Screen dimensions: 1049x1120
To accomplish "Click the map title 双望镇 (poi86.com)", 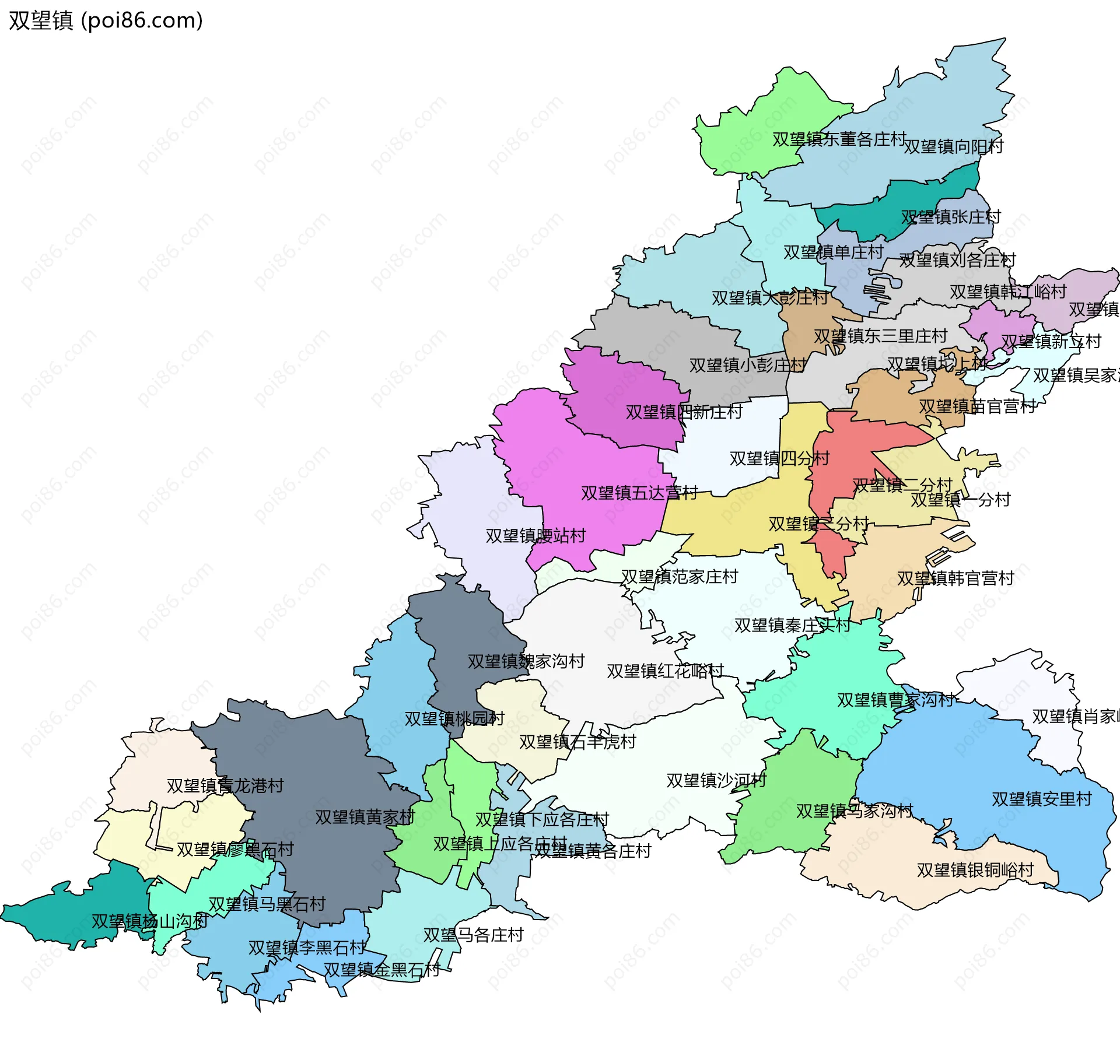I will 106,20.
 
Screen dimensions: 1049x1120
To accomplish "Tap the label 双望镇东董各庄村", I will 839,139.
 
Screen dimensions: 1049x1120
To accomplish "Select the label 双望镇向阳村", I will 953,146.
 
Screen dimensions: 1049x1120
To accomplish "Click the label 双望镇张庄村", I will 950,217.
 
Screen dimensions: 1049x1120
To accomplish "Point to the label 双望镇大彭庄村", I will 769,298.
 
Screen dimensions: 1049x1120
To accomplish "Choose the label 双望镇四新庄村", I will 684,412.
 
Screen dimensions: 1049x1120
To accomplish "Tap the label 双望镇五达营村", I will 639,493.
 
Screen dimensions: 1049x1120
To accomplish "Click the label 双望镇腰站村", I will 535,536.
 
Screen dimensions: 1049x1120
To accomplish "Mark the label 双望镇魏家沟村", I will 526,661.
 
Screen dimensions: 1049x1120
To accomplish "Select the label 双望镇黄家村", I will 365,817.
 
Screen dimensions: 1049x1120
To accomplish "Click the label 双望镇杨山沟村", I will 149,921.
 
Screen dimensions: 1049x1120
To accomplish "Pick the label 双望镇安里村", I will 1041,799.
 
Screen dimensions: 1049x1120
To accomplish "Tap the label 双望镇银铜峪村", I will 975,870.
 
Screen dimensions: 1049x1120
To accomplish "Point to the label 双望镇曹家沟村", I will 895,700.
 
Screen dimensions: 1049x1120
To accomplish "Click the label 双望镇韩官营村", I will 956,578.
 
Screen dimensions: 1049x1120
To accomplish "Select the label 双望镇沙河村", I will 716,780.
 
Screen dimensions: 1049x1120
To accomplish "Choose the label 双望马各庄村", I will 473,935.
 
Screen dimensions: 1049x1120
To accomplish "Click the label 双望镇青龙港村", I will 225,785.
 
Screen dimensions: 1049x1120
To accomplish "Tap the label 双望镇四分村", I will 779,458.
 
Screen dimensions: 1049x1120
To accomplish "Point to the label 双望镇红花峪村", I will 665,671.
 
